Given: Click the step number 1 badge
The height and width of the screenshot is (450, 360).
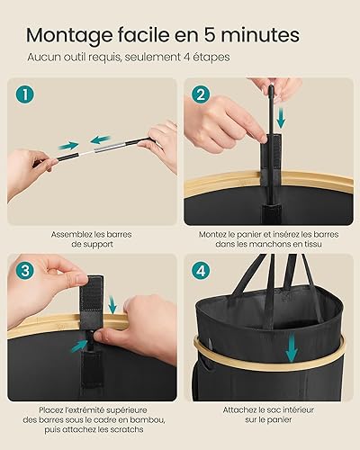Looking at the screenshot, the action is point(25,94).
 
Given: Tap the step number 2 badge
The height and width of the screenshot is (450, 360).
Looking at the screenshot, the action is point(201,94).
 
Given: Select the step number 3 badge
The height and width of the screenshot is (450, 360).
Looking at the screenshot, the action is point(25,271).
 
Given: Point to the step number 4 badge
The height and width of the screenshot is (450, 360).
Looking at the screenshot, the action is point(201,271).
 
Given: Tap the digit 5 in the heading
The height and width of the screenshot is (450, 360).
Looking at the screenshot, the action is point(211,35).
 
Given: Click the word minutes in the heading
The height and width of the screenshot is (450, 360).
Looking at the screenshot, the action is point(260,35).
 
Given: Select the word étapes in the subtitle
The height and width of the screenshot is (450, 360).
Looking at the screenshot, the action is point(213,57).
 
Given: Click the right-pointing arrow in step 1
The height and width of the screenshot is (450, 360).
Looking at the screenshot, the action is point(68,146).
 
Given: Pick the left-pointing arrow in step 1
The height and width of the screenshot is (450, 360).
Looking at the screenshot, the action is point(101,139).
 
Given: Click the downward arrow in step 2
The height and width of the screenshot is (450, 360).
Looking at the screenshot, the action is point(281,117).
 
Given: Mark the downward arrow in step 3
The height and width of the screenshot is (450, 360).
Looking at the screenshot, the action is point(112,304).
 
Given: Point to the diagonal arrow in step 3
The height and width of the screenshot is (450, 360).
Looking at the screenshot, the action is point(79,346).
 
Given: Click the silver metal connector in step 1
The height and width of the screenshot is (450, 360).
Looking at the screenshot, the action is point(110,146).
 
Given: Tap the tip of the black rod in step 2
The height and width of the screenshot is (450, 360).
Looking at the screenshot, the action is point(271,87).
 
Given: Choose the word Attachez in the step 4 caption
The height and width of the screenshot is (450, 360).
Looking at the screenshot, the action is point(240,409).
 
